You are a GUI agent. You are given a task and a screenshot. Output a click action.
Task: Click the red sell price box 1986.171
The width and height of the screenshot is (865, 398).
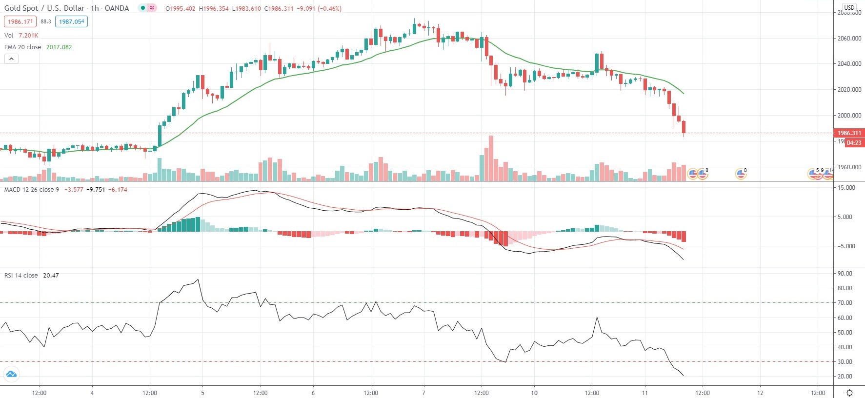(20, 21)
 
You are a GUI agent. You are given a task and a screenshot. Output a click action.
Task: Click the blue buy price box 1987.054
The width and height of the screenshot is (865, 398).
(72, 21)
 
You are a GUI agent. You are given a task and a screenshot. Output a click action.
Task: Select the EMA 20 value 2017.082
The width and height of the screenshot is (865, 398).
(59, 47)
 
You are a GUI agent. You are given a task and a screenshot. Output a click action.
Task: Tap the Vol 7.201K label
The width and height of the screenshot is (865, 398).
(21, 36)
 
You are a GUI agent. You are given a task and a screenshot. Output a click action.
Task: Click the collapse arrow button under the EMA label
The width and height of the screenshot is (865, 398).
(11, 59)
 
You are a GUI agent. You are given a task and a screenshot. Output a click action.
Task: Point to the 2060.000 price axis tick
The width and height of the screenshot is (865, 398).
(849, 38)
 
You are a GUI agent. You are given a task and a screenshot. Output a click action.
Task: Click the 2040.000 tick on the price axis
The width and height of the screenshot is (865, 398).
(849, 64)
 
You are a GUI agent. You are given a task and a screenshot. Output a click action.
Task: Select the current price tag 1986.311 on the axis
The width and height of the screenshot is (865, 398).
(849, 133)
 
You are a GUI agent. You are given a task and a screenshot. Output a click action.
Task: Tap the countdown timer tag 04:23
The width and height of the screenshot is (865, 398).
(854, 143)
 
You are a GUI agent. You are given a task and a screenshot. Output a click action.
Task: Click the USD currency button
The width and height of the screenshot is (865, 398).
(849, 7)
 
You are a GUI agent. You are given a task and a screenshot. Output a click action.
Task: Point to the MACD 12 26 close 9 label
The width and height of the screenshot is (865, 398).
(32, 190)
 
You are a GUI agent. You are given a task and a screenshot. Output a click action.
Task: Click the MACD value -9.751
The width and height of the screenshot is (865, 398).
(96, 190)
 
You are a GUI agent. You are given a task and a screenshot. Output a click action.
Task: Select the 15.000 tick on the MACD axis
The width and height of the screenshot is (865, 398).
(846, 188)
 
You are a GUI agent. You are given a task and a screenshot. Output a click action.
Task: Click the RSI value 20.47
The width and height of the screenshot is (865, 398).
(51, 276)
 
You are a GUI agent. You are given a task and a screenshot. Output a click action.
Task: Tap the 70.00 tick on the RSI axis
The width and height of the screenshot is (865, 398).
(845, 303)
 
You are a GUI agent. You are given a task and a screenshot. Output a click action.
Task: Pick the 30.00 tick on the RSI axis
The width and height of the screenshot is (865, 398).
(845, 362)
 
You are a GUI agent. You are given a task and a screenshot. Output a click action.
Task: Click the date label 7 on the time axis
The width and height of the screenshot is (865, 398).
(423, 393)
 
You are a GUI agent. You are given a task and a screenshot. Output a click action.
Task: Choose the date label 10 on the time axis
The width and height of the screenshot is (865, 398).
(534, 393)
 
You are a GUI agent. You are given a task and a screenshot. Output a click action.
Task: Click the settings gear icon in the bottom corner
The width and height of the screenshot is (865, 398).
(849, 393)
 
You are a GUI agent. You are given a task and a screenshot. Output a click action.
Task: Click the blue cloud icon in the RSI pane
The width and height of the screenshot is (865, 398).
(11, 375)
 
